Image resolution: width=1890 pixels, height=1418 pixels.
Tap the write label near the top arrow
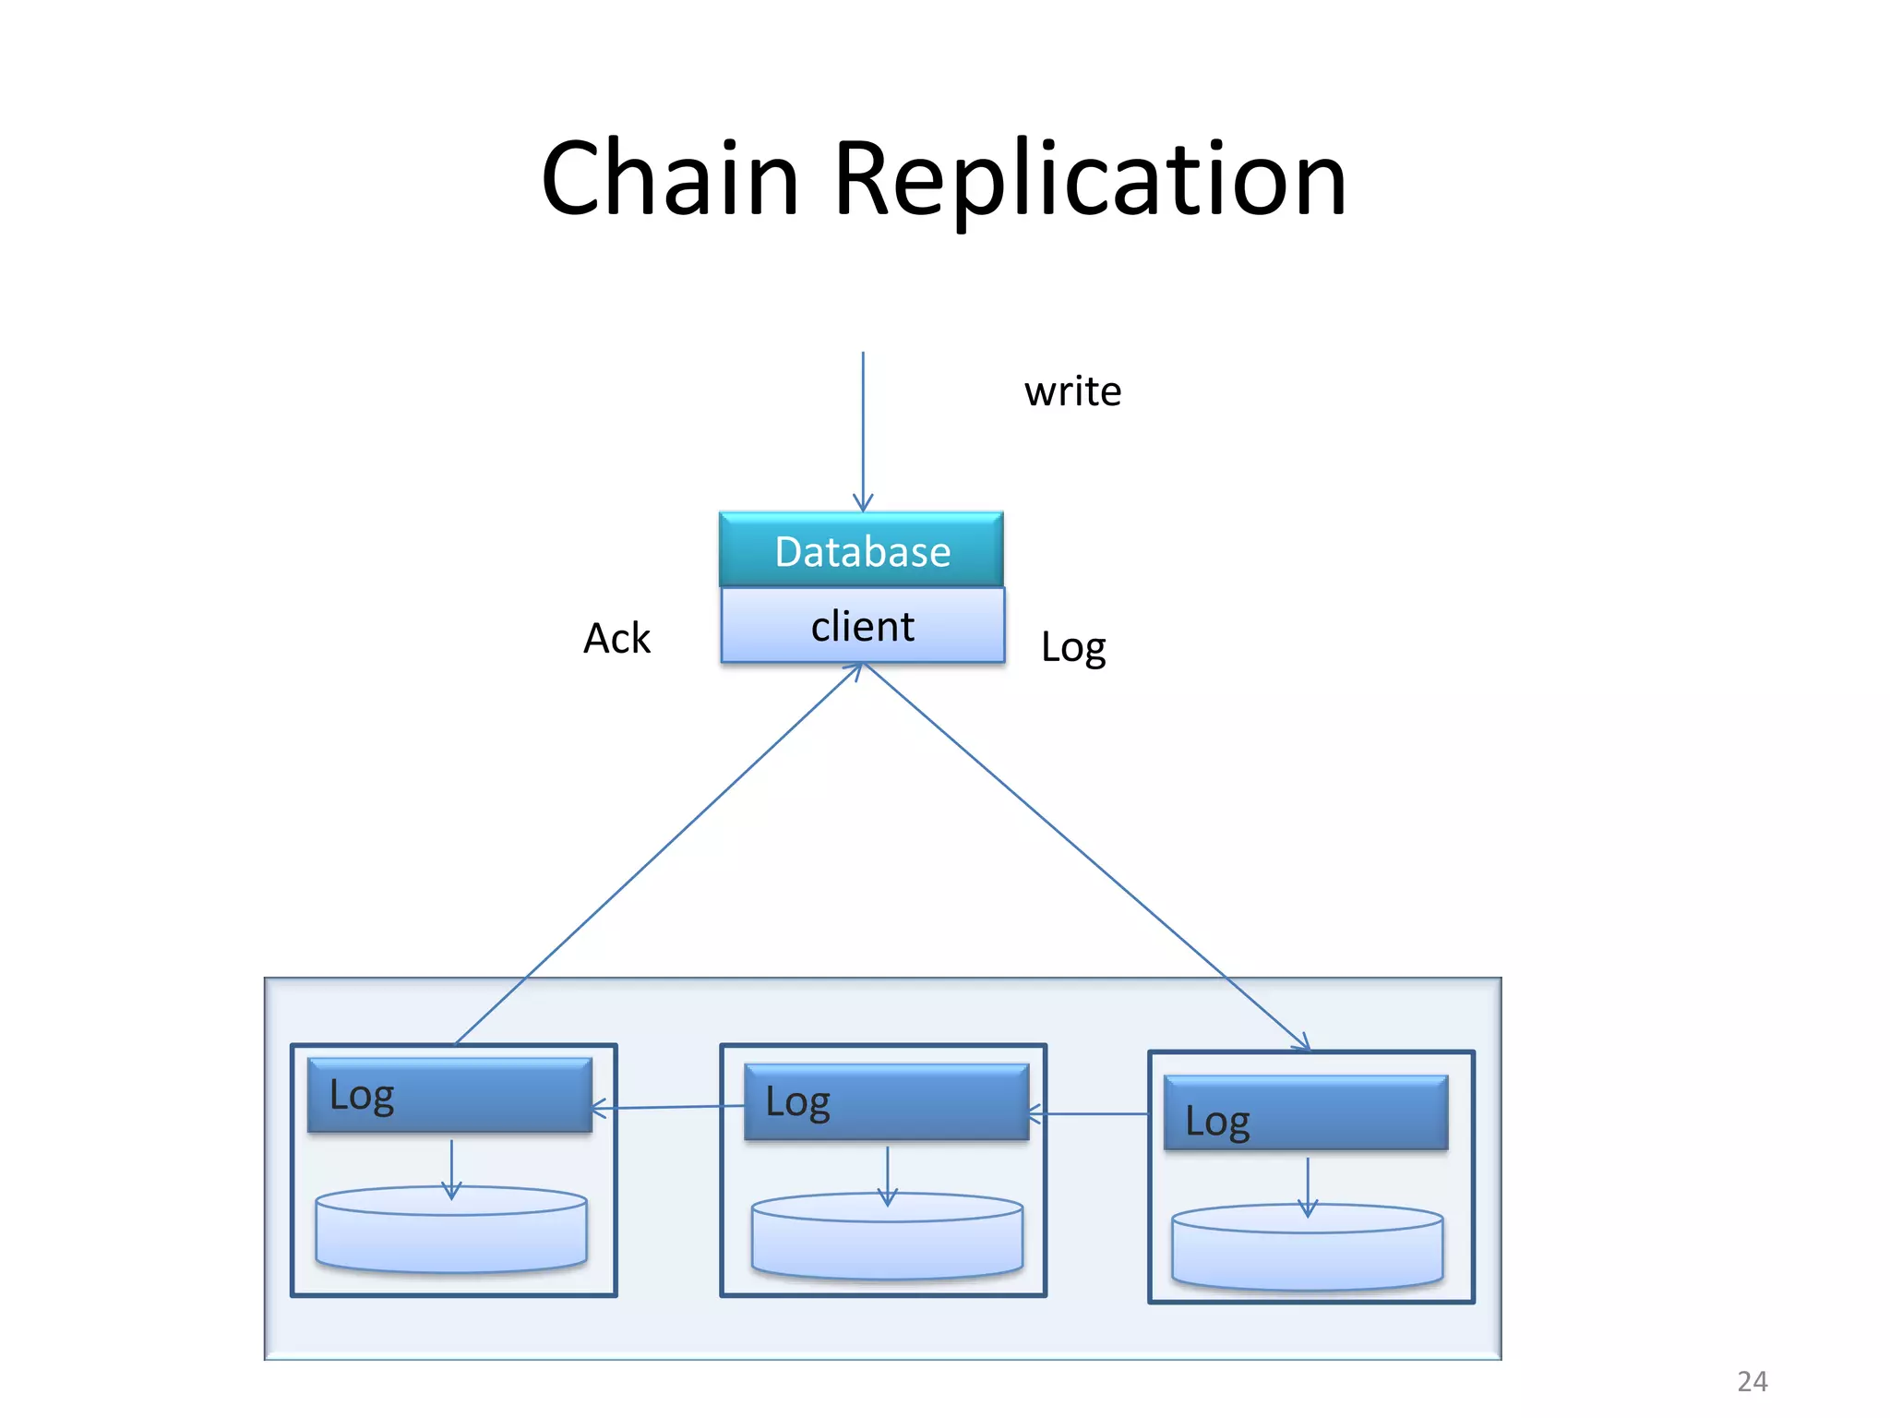1072,391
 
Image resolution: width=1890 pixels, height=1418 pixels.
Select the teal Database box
861,550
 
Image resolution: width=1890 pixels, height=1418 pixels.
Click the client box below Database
862,626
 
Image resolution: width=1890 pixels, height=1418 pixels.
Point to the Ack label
616,638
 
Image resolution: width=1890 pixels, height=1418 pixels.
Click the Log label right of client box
1072,647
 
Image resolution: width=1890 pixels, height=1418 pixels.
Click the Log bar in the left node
449,1095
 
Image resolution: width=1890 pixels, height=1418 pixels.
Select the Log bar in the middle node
886,1101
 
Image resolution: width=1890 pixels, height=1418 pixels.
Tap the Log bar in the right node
1305,1113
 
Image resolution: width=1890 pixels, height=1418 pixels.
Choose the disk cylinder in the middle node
887,1243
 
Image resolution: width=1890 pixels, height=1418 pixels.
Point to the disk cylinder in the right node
1307,1252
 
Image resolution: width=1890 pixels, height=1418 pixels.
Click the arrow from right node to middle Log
1089,1114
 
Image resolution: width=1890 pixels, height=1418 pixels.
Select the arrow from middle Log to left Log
667,1107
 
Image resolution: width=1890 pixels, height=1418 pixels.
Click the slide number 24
1752,1381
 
